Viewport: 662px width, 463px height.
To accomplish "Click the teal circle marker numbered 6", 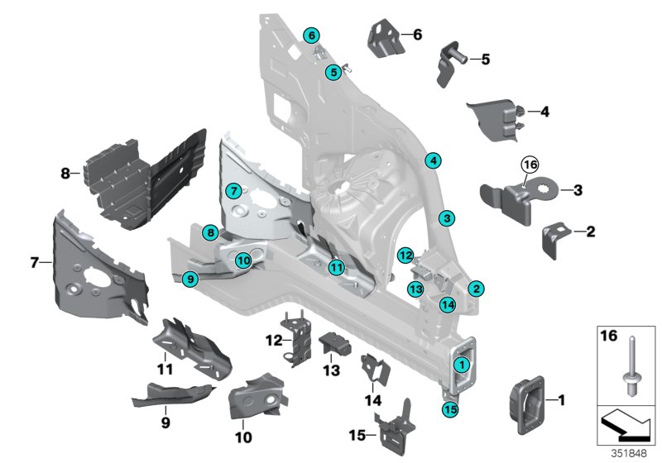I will point(311,36).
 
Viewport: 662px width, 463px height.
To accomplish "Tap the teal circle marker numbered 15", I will point(449,408).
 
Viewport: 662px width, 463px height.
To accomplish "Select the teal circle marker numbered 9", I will point(190,279).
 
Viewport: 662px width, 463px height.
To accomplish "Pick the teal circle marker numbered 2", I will point(476,289).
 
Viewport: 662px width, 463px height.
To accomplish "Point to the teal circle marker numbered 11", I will point(335,267).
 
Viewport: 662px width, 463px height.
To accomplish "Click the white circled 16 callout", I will point(530,165).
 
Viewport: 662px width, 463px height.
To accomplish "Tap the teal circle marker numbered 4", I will point(434,161).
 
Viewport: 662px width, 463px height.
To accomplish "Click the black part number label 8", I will point(65,174).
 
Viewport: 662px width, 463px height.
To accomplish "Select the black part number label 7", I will point(34,263).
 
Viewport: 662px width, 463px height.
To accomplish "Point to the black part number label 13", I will point(331,371).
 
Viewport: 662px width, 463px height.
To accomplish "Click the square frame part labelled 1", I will point(525,402).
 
